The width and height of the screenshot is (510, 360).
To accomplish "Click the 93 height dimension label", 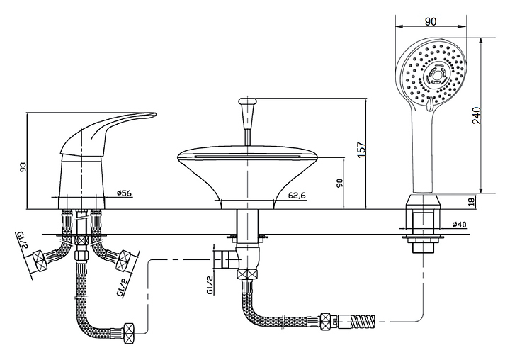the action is pyautogui.click(x=23, y=167).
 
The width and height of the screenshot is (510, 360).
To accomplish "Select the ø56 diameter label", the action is pyautogui.click(x=123, y=193).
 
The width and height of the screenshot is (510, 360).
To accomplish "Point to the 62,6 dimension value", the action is pyautogui.click(x=297, y=196).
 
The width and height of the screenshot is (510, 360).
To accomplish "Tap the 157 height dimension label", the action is pyautogui.click(x=361, y=149).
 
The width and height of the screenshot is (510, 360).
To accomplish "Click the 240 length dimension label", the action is pyautogui.click(x=477, y=116).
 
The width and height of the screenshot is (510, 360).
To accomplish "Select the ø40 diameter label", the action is pyautogui.click(x=459, y=225).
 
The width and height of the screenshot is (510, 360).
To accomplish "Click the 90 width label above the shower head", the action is pyautogui.click(x=431, y=22).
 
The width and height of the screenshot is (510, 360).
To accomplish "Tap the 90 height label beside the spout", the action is pyautogui.click(x=339, y=183).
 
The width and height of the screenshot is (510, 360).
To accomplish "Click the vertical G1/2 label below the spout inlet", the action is pyautogui.click(x=210, y=285).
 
